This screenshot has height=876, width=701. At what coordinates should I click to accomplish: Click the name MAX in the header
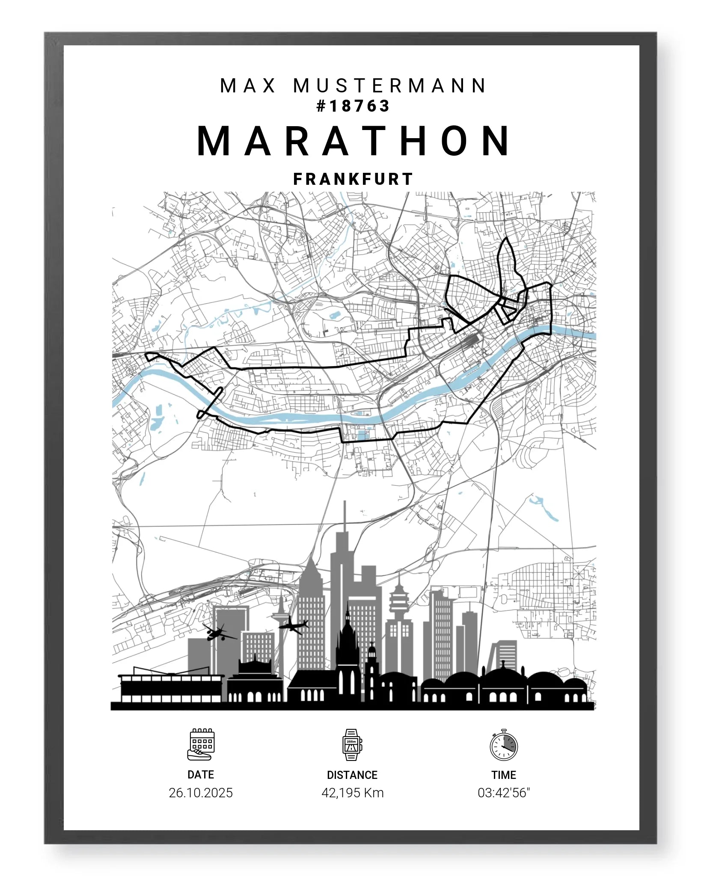[248, 86]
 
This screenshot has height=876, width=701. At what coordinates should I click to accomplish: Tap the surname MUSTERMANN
[390, 86]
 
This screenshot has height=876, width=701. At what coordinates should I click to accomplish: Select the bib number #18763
[353, 106]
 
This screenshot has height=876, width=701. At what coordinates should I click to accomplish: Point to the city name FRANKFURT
[353, 179]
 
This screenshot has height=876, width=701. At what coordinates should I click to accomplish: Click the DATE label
[201, 775]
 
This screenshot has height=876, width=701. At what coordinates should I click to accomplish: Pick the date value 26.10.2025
[201, 793]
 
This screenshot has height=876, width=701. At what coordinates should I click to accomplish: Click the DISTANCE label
[352, 775]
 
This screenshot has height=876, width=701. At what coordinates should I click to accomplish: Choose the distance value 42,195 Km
[353, 793]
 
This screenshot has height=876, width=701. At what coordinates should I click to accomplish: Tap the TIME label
[504, 775]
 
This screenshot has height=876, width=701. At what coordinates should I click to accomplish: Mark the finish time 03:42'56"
[504, 793]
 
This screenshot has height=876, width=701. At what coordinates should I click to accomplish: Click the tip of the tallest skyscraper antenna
[345, 503]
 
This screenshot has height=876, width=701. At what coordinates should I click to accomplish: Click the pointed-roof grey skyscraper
[311, 607]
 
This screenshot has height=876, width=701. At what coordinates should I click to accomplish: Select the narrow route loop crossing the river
[210, 402]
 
